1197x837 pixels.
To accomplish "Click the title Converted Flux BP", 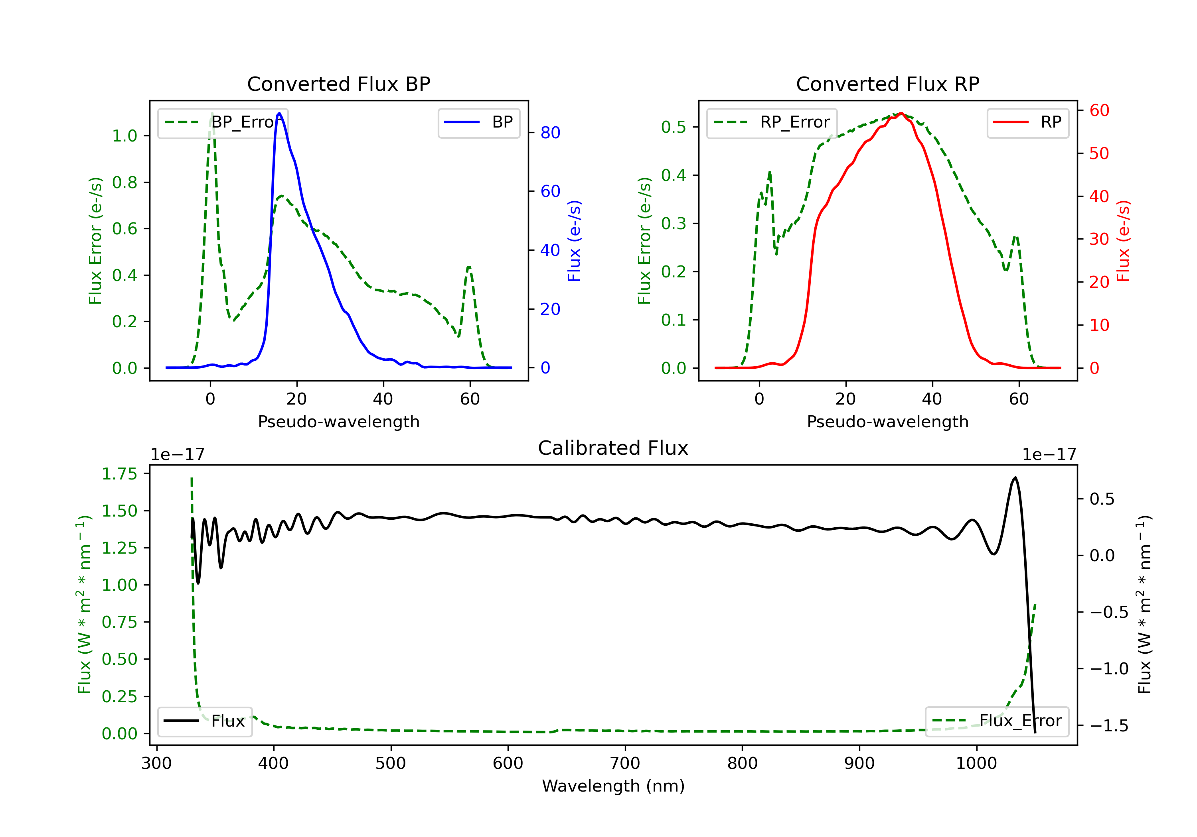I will [338, 84].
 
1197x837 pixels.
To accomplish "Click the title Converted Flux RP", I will [887, 84].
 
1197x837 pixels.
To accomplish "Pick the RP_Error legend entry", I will [772, 122].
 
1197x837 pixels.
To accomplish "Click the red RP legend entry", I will [1027, 122].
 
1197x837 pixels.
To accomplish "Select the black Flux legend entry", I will [205, 721].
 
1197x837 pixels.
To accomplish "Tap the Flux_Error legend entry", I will [996, 721].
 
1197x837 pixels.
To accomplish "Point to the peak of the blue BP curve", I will [279, 113].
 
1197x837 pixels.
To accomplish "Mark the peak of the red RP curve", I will [901, 113].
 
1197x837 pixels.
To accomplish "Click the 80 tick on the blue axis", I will [550, 133].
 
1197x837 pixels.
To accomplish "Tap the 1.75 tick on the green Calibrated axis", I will [119, 474].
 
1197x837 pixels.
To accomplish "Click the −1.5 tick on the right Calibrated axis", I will [1109, 725].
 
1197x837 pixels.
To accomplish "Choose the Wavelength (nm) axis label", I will [613, 786].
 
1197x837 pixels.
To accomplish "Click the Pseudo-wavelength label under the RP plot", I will [887, 421].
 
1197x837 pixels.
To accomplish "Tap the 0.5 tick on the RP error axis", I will [673, 127].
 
